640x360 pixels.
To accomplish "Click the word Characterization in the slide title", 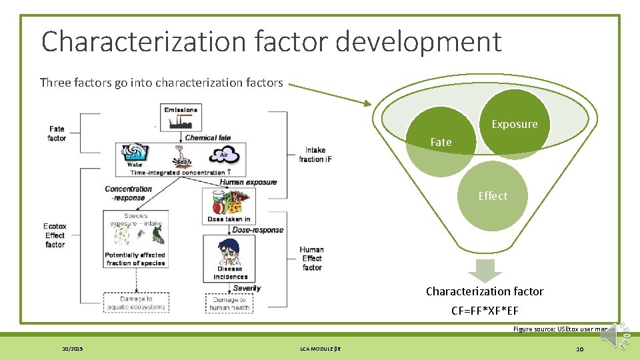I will tap(144, 41).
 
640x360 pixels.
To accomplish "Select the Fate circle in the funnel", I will tap(441, 143).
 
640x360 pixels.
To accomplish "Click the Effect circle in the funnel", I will tap(493, 196).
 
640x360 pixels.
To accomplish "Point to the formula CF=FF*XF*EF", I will tap(485, 311).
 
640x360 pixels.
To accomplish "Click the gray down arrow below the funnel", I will tap(485, 270).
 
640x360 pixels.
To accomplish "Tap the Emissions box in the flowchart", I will tap(181, 109).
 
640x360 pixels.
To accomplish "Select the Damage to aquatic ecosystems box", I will tap(136, 303).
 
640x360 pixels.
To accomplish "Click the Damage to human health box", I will tap(229, 303).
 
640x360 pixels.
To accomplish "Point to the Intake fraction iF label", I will tap(315, 155).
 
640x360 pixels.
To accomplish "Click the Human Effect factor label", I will tap(312, 259).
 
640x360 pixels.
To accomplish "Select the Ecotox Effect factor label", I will tap(55, 235).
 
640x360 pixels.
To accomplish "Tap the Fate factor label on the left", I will tap(57, 133).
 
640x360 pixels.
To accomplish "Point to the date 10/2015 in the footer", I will tap(72, 349).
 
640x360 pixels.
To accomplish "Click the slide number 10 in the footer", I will tap(579, 349).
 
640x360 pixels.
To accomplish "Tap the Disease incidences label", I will tap(231, 273).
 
